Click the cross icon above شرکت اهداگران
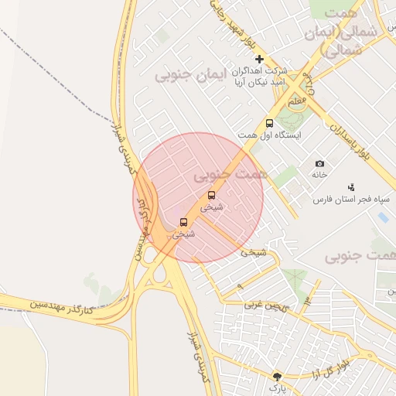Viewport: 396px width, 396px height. (x=259, y=59)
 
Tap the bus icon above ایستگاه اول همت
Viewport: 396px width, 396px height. (x=269, y=123)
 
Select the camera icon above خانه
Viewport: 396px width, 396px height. (x=319, y=164)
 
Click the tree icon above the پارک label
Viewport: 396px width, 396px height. (x=277, y=376)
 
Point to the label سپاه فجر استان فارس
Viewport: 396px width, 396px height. (x=343, y=200)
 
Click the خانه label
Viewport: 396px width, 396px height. (x=320, y=175)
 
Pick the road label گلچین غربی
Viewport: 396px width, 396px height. (x=267, y=306)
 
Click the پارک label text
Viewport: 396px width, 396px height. (x=277, y=387)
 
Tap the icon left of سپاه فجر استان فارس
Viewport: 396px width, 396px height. (x=351, y=186)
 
